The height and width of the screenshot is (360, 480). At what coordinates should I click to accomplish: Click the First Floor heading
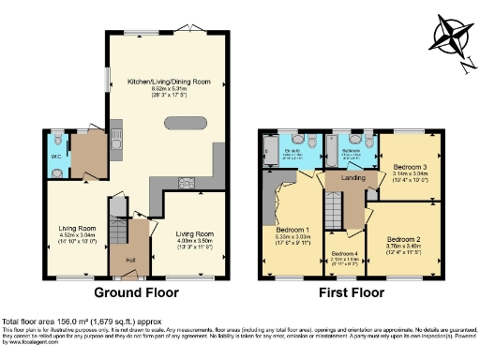click(x=349, y=292)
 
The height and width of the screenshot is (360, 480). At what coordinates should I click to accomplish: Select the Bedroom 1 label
click(x=293, y=229)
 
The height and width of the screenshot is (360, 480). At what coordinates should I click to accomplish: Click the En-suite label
click(x=293, y=151)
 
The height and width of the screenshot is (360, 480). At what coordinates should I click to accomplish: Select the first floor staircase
click(x=334, y=209)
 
